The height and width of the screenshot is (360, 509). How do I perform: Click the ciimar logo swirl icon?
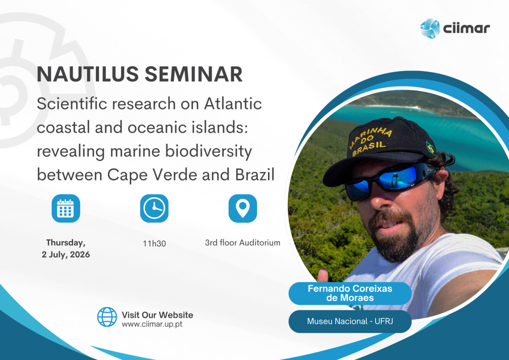(x=430, y=28)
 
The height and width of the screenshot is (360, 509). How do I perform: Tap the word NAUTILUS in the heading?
(x=87, y=74)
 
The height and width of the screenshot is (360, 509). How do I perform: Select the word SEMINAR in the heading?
(x=193, y=74)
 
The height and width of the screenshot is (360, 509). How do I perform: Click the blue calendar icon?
(x=66, y=208)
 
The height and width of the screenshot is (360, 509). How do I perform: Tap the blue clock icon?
(x=154, y=208)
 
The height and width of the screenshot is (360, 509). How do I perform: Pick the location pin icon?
(x=243, y=208)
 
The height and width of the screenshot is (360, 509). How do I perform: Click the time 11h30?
(x=155, y=244)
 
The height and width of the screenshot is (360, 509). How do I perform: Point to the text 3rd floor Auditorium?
(x=243, y=243)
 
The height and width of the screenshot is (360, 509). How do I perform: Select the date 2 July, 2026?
(x=66, y=255)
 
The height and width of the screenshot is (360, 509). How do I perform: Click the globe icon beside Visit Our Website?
(x=107, y=317)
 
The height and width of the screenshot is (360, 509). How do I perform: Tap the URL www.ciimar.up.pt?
(x=152, y=324)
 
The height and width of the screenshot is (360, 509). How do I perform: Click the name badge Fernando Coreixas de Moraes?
(x=350, y=293)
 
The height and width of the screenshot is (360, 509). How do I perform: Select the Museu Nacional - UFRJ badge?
(x=350, y=321)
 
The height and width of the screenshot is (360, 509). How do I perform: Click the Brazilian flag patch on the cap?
(x=430, y=148)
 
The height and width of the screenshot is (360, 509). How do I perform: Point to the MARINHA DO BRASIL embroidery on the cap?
(x=370, y=140)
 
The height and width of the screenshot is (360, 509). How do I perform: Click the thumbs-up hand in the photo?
(x=323, y=275)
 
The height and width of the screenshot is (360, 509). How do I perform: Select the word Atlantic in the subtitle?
(x=233, y=104)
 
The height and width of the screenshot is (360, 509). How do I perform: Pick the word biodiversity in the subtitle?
(x=208, y=152)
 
